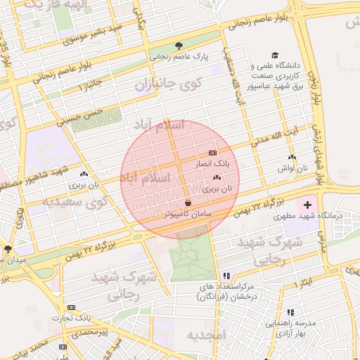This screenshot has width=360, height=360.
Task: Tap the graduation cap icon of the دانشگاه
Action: [x=274, y=56]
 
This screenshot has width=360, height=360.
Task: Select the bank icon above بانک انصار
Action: [x=212, y=153]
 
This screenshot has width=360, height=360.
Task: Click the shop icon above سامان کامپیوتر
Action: [x=188, y=202]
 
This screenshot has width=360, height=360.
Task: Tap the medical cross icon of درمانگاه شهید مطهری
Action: [x=307, y=205]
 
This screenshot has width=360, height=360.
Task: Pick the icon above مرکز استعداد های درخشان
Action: [x=226, y=276]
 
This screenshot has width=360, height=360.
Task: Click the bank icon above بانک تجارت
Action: [x=71, y=307]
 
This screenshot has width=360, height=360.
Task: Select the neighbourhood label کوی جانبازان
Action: [x=168, y=84]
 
